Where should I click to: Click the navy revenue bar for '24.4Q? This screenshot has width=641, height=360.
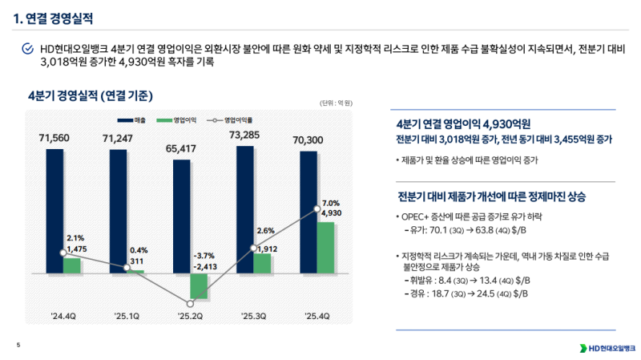(54, 200)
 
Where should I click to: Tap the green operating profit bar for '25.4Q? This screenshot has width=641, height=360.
(325, 248)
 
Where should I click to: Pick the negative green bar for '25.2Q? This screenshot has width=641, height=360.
(199, 287)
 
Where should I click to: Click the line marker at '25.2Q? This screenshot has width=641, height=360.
(190, 304)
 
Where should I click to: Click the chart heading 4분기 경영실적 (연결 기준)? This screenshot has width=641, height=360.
(90, 94)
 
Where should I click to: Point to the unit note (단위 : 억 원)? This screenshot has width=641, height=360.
(337, 103)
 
